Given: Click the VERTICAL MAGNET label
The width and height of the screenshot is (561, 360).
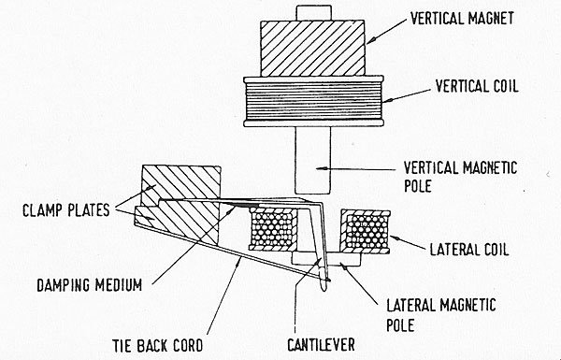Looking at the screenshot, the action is tap(462, 19).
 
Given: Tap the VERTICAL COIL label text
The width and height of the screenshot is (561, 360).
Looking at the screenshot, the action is tap(477, 86).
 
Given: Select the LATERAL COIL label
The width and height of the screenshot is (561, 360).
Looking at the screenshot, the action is tap(469, 249).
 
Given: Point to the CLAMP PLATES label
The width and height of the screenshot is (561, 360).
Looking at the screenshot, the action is tap(65, 210).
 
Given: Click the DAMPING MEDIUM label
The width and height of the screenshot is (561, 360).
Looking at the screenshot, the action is tap(90, 285).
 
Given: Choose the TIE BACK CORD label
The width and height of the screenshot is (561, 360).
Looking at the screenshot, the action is tap(158, 345).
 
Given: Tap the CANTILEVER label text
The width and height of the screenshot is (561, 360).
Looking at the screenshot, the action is tap(321, 344).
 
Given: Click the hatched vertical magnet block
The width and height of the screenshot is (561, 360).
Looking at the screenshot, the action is tap(312, 49).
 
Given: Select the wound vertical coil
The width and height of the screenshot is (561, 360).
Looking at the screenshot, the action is tap(313, 101).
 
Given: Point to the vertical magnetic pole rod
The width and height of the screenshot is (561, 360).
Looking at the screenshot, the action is tap(312, 161).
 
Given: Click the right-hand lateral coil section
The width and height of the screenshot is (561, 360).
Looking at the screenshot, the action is tap(366, 232).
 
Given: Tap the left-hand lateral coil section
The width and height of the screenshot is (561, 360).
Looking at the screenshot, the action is tap(274, 228).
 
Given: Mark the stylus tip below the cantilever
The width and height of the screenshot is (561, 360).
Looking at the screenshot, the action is tap(324, 285).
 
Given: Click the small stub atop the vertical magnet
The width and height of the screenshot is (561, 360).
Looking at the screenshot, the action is tap(313, 12).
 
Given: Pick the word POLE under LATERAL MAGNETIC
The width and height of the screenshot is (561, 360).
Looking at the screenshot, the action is tap(400, 325).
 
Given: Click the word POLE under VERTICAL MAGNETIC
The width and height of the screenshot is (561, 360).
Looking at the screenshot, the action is tap(418, 186).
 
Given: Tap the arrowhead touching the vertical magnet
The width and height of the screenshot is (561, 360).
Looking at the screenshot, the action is tap(370, 40).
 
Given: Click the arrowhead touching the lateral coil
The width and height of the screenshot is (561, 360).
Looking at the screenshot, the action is tap(394, 238).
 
